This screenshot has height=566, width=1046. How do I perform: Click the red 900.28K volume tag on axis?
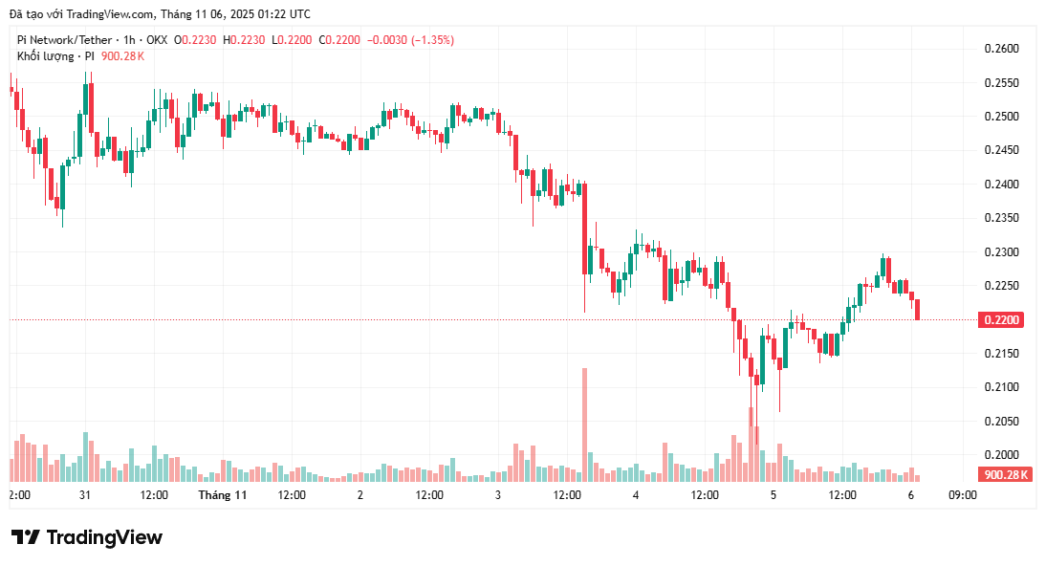pos(1004,474)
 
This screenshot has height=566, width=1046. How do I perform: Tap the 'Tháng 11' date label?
pos(223,495)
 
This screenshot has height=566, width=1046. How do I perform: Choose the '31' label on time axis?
pos(85,495)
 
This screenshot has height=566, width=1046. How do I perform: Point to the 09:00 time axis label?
pos(962,495)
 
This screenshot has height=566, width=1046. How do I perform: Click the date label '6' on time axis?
pos(911,495)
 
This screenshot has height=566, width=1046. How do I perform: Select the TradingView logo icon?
pos(26,537)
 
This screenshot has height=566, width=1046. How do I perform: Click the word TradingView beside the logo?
pos(104,537)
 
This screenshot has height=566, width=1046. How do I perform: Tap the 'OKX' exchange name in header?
pos(157,40)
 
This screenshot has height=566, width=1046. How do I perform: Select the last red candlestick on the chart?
pos(918,309)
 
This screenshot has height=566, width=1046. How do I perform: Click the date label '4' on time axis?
pos(636,495)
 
